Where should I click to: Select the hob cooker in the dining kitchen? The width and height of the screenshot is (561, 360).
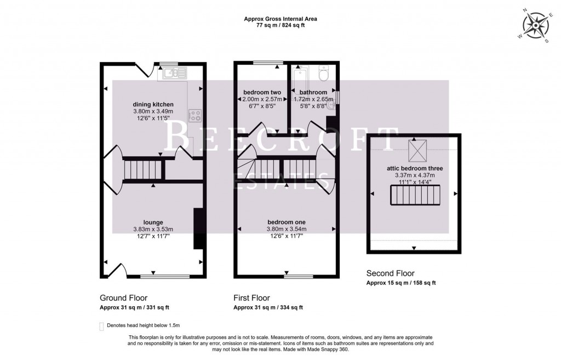point(196,115)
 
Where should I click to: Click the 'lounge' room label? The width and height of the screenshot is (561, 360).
point(153,222)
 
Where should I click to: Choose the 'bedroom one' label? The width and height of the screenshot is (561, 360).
point(287,222)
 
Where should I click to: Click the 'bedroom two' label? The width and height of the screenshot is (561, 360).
point(261,92)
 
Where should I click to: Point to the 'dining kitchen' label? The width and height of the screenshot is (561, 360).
point(153,104)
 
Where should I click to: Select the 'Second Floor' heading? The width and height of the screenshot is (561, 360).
point(390,273)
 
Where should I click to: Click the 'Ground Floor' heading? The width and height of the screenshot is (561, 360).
point(123,298)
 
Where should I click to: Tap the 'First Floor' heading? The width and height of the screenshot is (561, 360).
point(251,298)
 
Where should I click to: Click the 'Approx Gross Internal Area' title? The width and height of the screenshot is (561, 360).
point(280,19)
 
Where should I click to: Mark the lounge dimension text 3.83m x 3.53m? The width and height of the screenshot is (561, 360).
point(153,229)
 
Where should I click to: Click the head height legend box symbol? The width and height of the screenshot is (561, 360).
point(101,326)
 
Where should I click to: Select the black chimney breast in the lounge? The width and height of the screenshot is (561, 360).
point(197,229)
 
